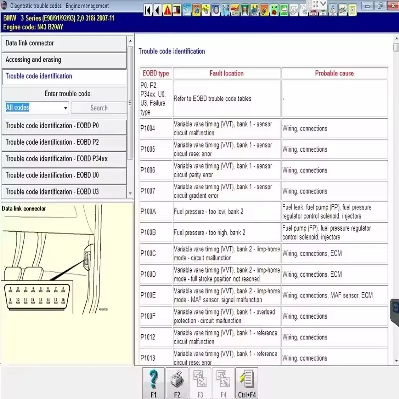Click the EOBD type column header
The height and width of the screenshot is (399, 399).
point(156,73)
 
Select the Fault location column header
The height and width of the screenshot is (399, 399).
point(226,73)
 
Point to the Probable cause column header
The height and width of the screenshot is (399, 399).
point(334,73)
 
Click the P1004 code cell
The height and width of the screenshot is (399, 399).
point(148,129)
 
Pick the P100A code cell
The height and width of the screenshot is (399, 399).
point(148,212)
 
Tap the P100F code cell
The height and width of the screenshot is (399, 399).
point(148,316)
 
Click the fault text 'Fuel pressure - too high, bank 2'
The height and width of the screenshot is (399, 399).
point(209,233)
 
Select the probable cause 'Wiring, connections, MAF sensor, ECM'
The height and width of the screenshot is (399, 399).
point(327,295)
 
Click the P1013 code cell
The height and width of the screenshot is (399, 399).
point(148,358)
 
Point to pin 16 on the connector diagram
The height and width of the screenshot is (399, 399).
point(63,300)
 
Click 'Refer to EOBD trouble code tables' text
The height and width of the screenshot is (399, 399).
point(212,99)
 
